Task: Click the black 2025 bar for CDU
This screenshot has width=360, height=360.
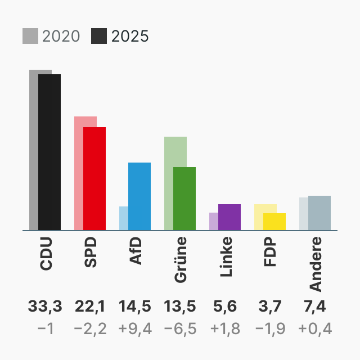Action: click(49, 152)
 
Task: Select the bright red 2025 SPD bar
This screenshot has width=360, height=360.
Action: click(94, 178)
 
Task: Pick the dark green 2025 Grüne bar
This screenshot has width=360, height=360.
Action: click(184, 198)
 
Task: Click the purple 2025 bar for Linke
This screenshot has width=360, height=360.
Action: click(229, 217)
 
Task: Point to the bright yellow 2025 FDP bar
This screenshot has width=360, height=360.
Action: click(274, 221)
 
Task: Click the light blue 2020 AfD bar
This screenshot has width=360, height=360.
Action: click(124, 218)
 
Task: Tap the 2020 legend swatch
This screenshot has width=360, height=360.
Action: click(30, 36)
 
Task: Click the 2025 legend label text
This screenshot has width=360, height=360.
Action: click(130, 36)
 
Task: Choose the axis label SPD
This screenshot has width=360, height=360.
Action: click(91, 253)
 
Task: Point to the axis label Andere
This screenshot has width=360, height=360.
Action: click(316, 264)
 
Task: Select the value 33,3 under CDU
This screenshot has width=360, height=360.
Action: click(45, 307)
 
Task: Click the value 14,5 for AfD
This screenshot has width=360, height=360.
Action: click(135, 307)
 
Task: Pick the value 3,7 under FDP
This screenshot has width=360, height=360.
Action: click(270, 307)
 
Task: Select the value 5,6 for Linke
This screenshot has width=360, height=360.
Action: click(225, 307)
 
